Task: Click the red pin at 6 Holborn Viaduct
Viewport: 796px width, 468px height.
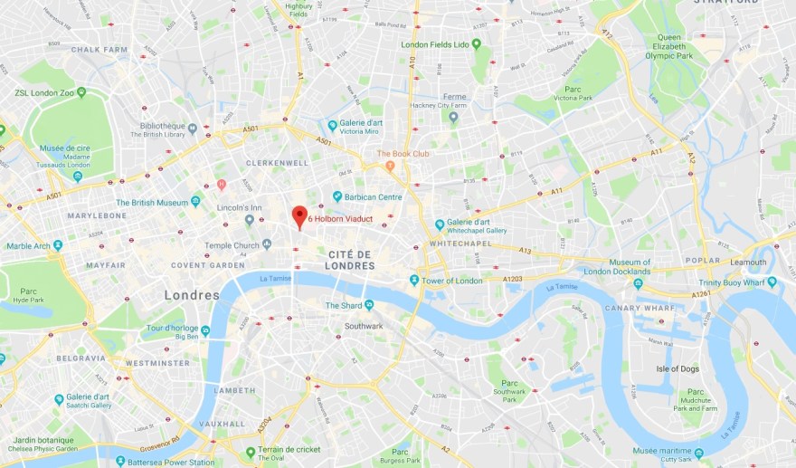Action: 299,216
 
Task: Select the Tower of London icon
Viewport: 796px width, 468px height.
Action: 413,281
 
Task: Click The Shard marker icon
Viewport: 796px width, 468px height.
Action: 369,305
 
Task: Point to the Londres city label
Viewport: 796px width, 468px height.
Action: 192,295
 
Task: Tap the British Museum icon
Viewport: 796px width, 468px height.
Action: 195,201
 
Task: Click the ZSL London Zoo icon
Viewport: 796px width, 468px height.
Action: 81,92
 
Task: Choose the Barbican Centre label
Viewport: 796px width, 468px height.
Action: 373,196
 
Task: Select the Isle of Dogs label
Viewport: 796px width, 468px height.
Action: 679,368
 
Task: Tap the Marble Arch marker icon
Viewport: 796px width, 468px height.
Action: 58,245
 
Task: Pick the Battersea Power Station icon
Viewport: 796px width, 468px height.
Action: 119,462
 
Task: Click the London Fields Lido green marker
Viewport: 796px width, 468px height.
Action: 476,43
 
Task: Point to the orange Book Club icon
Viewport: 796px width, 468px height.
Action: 390,166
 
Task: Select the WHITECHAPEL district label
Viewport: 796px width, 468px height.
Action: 461,244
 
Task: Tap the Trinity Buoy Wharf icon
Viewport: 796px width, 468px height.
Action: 772,282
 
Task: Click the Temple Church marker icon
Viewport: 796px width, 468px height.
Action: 266,244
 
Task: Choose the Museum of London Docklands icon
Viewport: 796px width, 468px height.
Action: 638,283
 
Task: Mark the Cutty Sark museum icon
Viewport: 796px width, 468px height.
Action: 698,452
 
